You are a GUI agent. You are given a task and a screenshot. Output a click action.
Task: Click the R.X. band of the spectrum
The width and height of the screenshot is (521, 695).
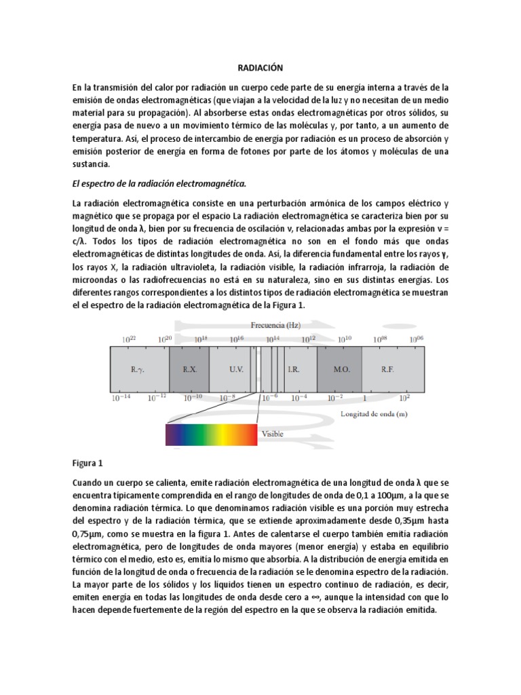point(189,370)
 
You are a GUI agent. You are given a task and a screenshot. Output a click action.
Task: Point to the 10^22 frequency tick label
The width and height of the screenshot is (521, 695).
point(129,339)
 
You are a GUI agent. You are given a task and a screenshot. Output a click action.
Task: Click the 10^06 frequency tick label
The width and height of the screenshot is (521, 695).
point(417,339)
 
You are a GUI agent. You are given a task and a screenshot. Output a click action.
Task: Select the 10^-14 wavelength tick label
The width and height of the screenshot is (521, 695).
point(121,398)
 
